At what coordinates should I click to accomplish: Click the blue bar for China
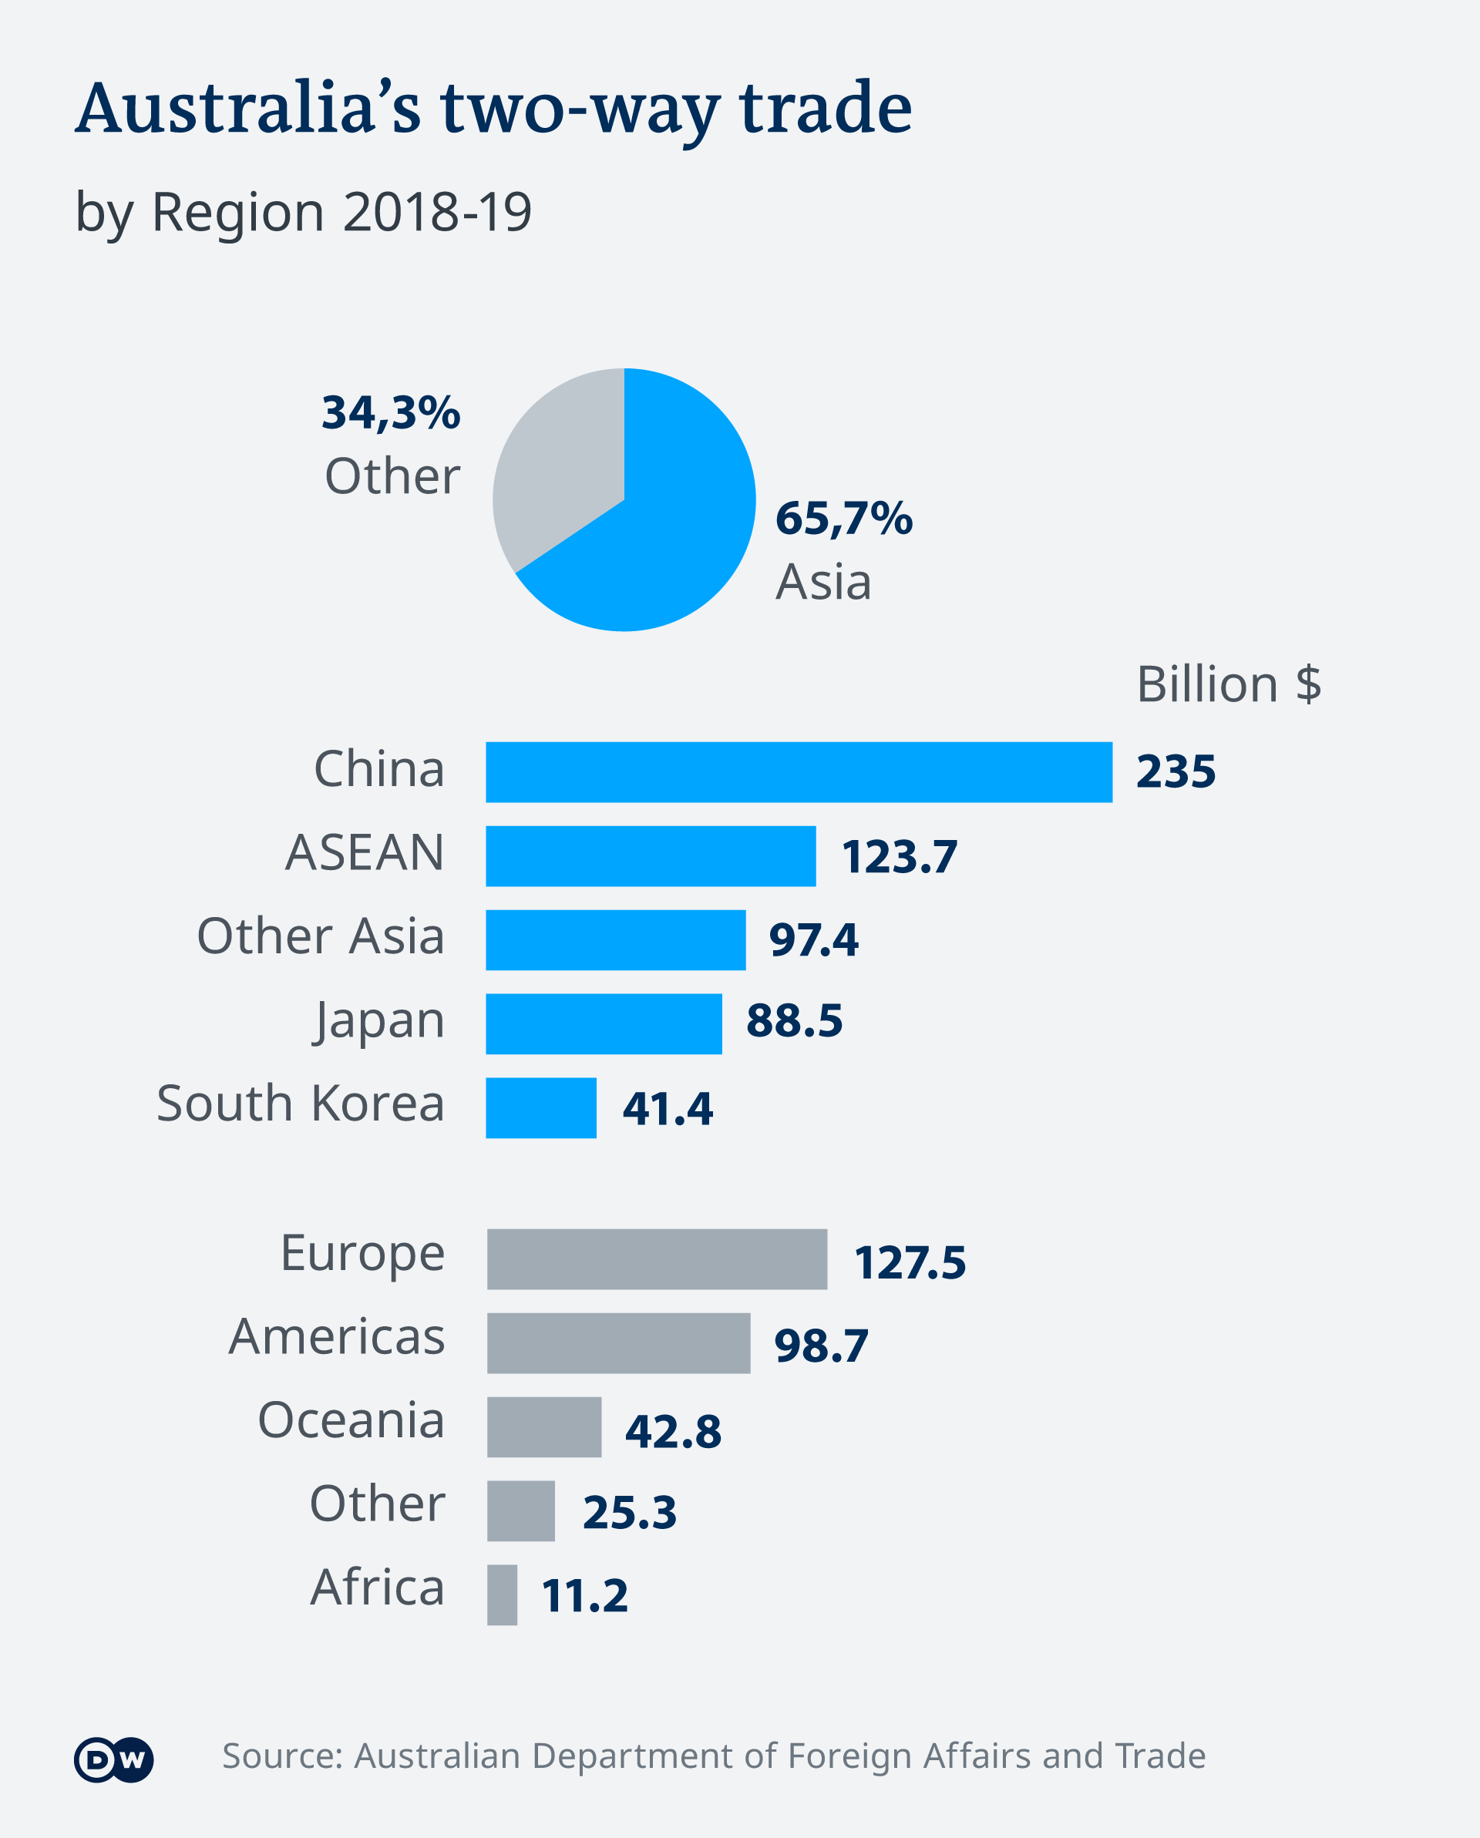point(799,771)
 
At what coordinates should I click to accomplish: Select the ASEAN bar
point(651,856)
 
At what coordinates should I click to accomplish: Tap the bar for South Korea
point(540,1107)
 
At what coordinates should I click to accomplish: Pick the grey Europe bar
point(657,1259)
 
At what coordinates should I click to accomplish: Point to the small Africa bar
point(502,1595)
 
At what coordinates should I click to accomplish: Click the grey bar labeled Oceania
point(544,1427)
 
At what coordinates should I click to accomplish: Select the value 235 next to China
point(1176,771)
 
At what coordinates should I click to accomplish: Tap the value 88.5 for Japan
point(794,1020)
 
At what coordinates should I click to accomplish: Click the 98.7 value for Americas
point(821,1346)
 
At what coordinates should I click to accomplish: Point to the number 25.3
point(629,1512)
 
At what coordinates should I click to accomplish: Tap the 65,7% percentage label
point(843,519)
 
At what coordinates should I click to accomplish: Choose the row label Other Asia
point(321,936)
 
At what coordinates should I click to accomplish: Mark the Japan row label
point(379,1020)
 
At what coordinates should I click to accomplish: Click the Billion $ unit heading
point(1229,684)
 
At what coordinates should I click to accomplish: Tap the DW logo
point(113,1759)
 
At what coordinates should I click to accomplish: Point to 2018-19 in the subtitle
point(437,211)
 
